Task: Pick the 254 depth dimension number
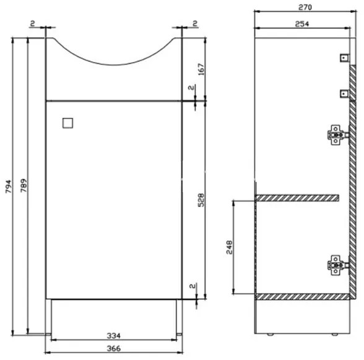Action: [x=301, y=23]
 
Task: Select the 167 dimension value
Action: [x=201, y=69]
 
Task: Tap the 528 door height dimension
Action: [x=201, y=200]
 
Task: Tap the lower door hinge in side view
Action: [x=336, y=265]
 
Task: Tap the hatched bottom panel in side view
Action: [x=303, y=297]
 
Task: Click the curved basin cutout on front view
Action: [x=113, y=53]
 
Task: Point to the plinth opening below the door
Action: [x=113, y=315]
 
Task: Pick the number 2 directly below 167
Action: [x=194, y=88]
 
